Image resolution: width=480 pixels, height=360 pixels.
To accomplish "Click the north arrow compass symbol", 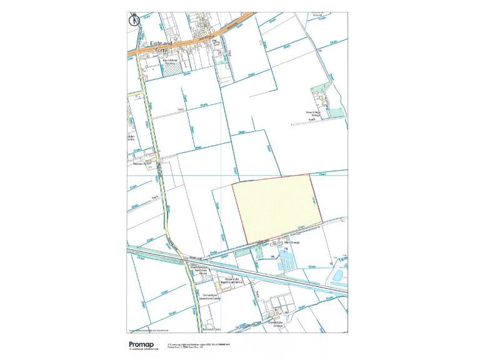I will click(x=133, y=19).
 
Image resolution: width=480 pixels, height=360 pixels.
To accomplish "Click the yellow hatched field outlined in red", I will click(x=277, y=208).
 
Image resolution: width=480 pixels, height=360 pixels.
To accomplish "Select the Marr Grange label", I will click(x=293, y=242).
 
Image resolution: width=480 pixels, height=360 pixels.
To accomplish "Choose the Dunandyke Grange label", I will click(x=282, y=324).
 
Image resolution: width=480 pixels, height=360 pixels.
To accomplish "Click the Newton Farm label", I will click(x=142, y=164).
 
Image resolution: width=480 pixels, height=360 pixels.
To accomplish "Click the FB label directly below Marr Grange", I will click(x=286, y=249).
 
